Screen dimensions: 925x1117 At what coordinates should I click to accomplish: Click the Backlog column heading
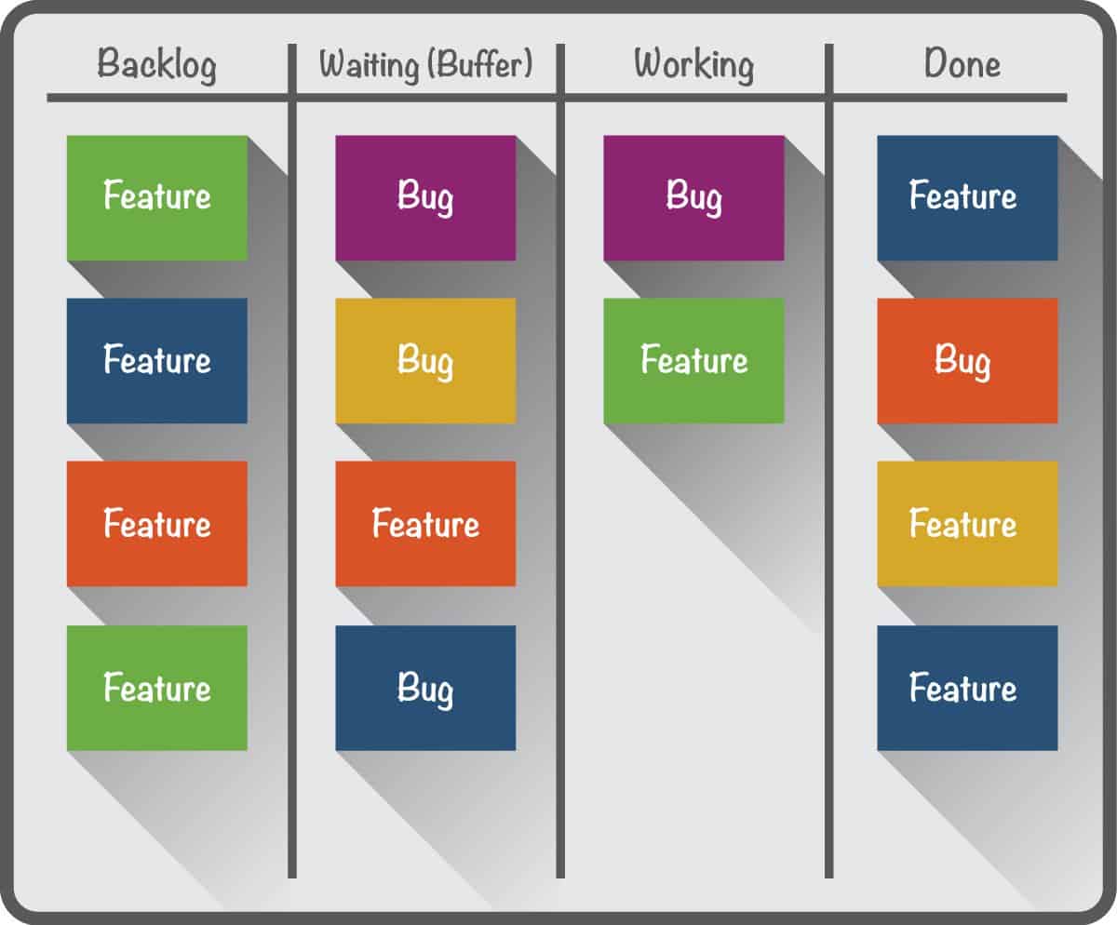coord(156,65)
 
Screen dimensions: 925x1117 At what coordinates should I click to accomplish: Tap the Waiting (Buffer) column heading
coord(425,65)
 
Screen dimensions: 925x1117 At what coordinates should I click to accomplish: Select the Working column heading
coord(693,65)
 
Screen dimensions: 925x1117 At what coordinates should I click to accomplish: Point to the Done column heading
coord(962,65)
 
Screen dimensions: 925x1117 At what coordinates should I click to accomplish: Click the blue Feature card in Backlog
coord(157,360)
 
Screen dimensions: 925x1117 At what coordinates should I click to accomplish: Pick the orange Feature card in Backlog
coord(157,523)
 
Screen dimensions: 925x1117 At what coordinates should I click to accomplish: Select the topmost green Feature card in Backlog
coord(157,197)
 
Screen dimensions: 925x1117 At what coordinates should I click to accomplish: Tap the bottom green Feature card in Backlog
coord(157,688)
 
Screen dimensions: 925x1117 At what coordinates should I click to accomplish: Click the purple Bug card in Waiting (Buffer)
coord(425,197)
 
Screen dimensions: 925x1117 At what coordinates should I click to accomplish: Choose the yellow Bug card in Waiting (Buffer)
coord(425,360)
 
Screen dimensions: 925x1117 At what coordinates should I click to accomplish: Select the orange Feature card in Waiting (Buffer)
coord(425,523)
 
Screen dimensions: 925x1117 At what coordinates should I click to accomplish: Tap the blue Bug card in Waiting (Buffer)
coord(425,688)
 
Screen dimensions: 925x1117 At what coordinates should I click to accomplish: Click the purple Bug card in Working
coord(693,197)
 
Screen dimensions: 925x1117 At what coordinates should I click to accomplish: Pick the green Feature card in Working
coord(693,360)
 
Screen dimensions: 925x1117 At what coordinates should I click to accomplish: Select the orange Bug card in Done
coord(967,360)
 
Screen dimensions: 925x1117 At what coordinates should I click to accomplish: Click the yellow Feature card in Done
coord(967,523)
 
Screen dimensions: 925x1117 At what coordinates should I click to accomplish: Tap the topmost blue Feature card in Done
coord(967,197)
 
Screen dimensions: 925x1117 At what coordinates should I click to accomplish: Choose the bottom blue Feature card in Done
coord(967,688)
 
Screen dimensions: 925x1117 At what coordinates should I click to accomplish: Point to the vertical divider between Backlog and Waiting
coord(292,465)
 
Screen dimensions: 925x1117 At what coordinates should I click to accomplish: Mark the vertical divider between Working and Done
coord(829,465)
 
